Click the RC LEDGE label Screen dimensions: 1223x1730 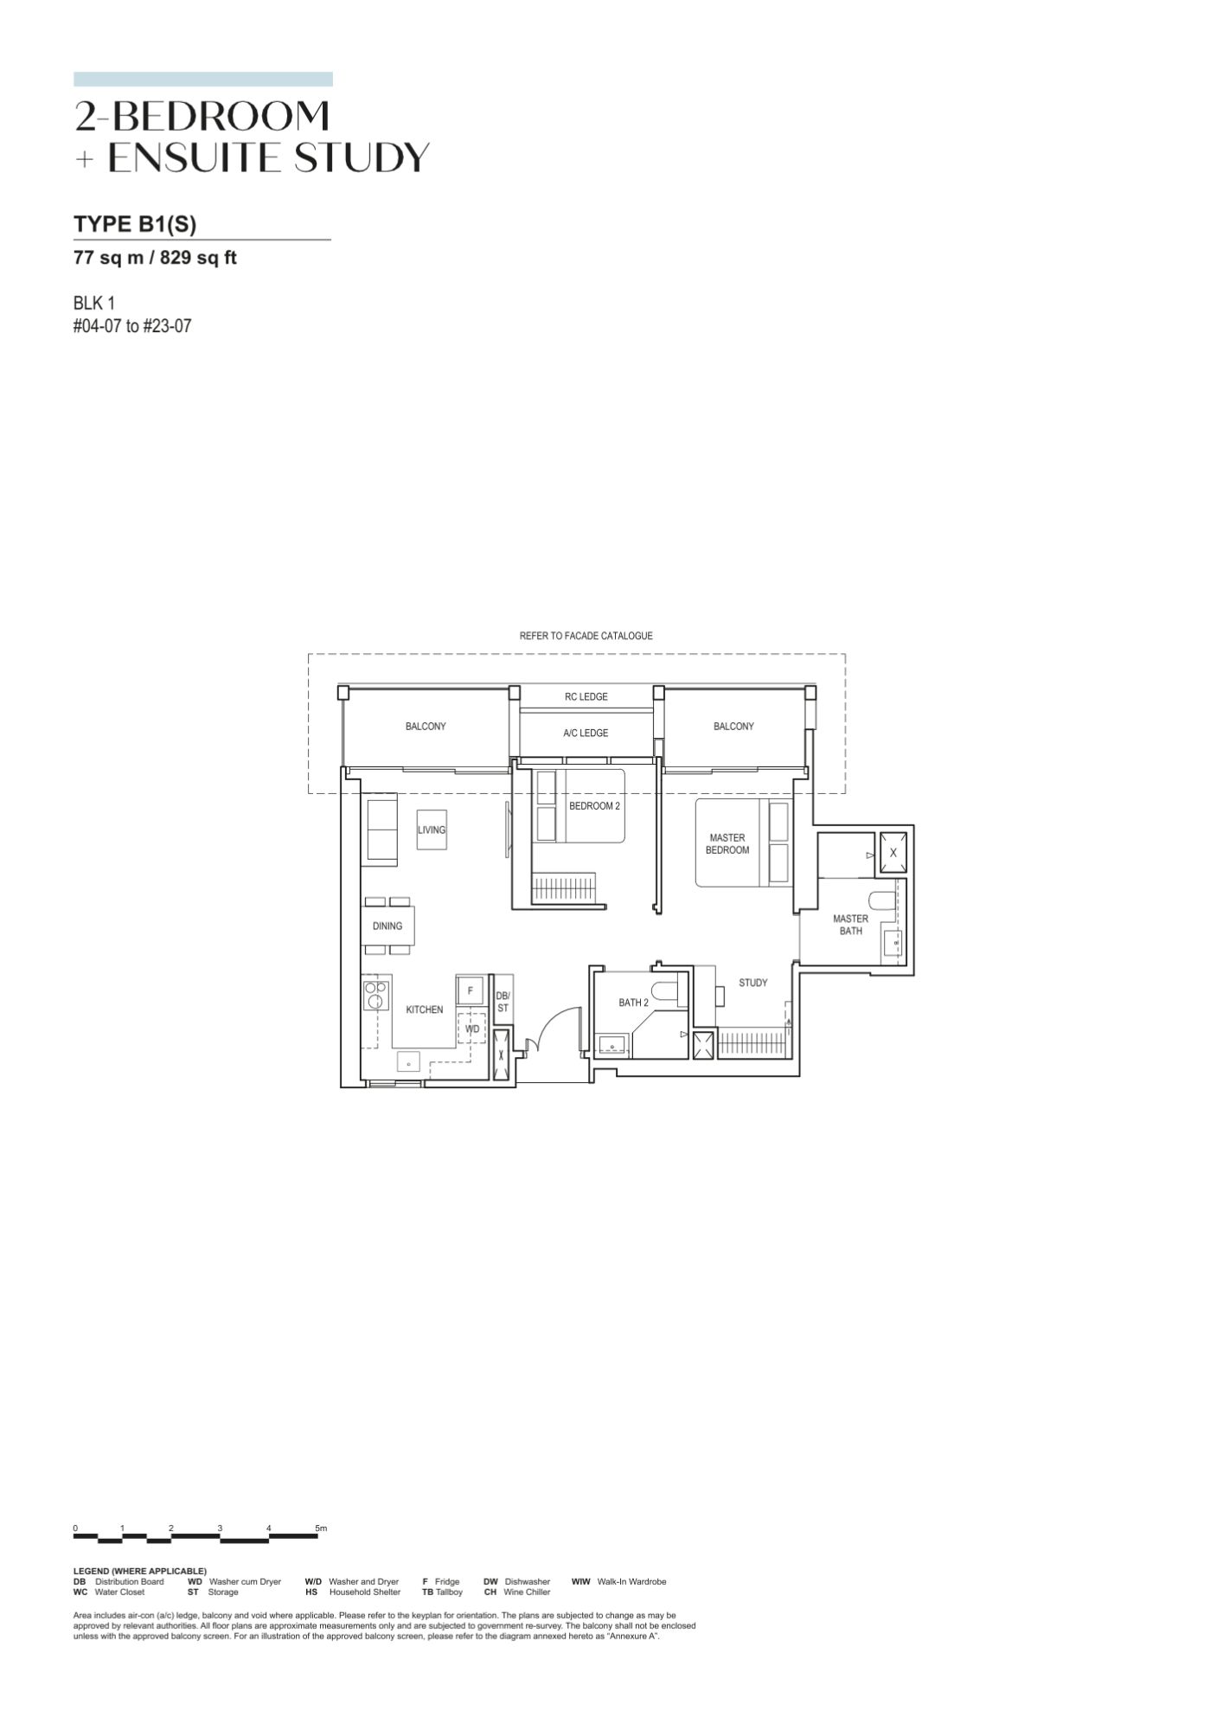(586, 696)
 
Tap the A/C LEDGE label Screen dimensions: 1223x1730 (586, 733)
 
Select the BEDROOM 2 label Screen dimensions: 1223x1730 (594, 806)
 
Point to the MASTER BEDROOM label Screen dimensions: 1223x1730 (727, 843)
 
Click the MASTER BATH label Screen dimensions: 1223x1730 (850, 925)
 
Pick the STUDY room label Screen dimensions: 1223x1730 (753, 983)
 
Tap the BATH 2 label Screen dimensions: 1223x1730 (633, 1003)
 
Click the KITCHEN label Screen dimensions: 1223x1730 (425, 1009)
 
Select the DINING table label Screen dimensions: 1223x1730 (387, 926)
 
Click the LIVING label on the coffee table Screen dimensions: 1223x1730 (432, 830)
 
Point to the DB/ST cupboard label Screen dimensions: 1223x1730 (503, 1002)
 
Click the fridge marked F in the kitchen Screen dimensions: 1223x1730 (471, 990)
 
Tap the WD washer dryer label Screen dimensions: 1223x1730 (472, 1029)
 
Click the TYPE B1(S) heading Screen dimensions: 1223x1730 (135, 224)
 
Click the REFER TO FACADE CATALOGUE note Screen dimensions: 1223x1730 (586, 636)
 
